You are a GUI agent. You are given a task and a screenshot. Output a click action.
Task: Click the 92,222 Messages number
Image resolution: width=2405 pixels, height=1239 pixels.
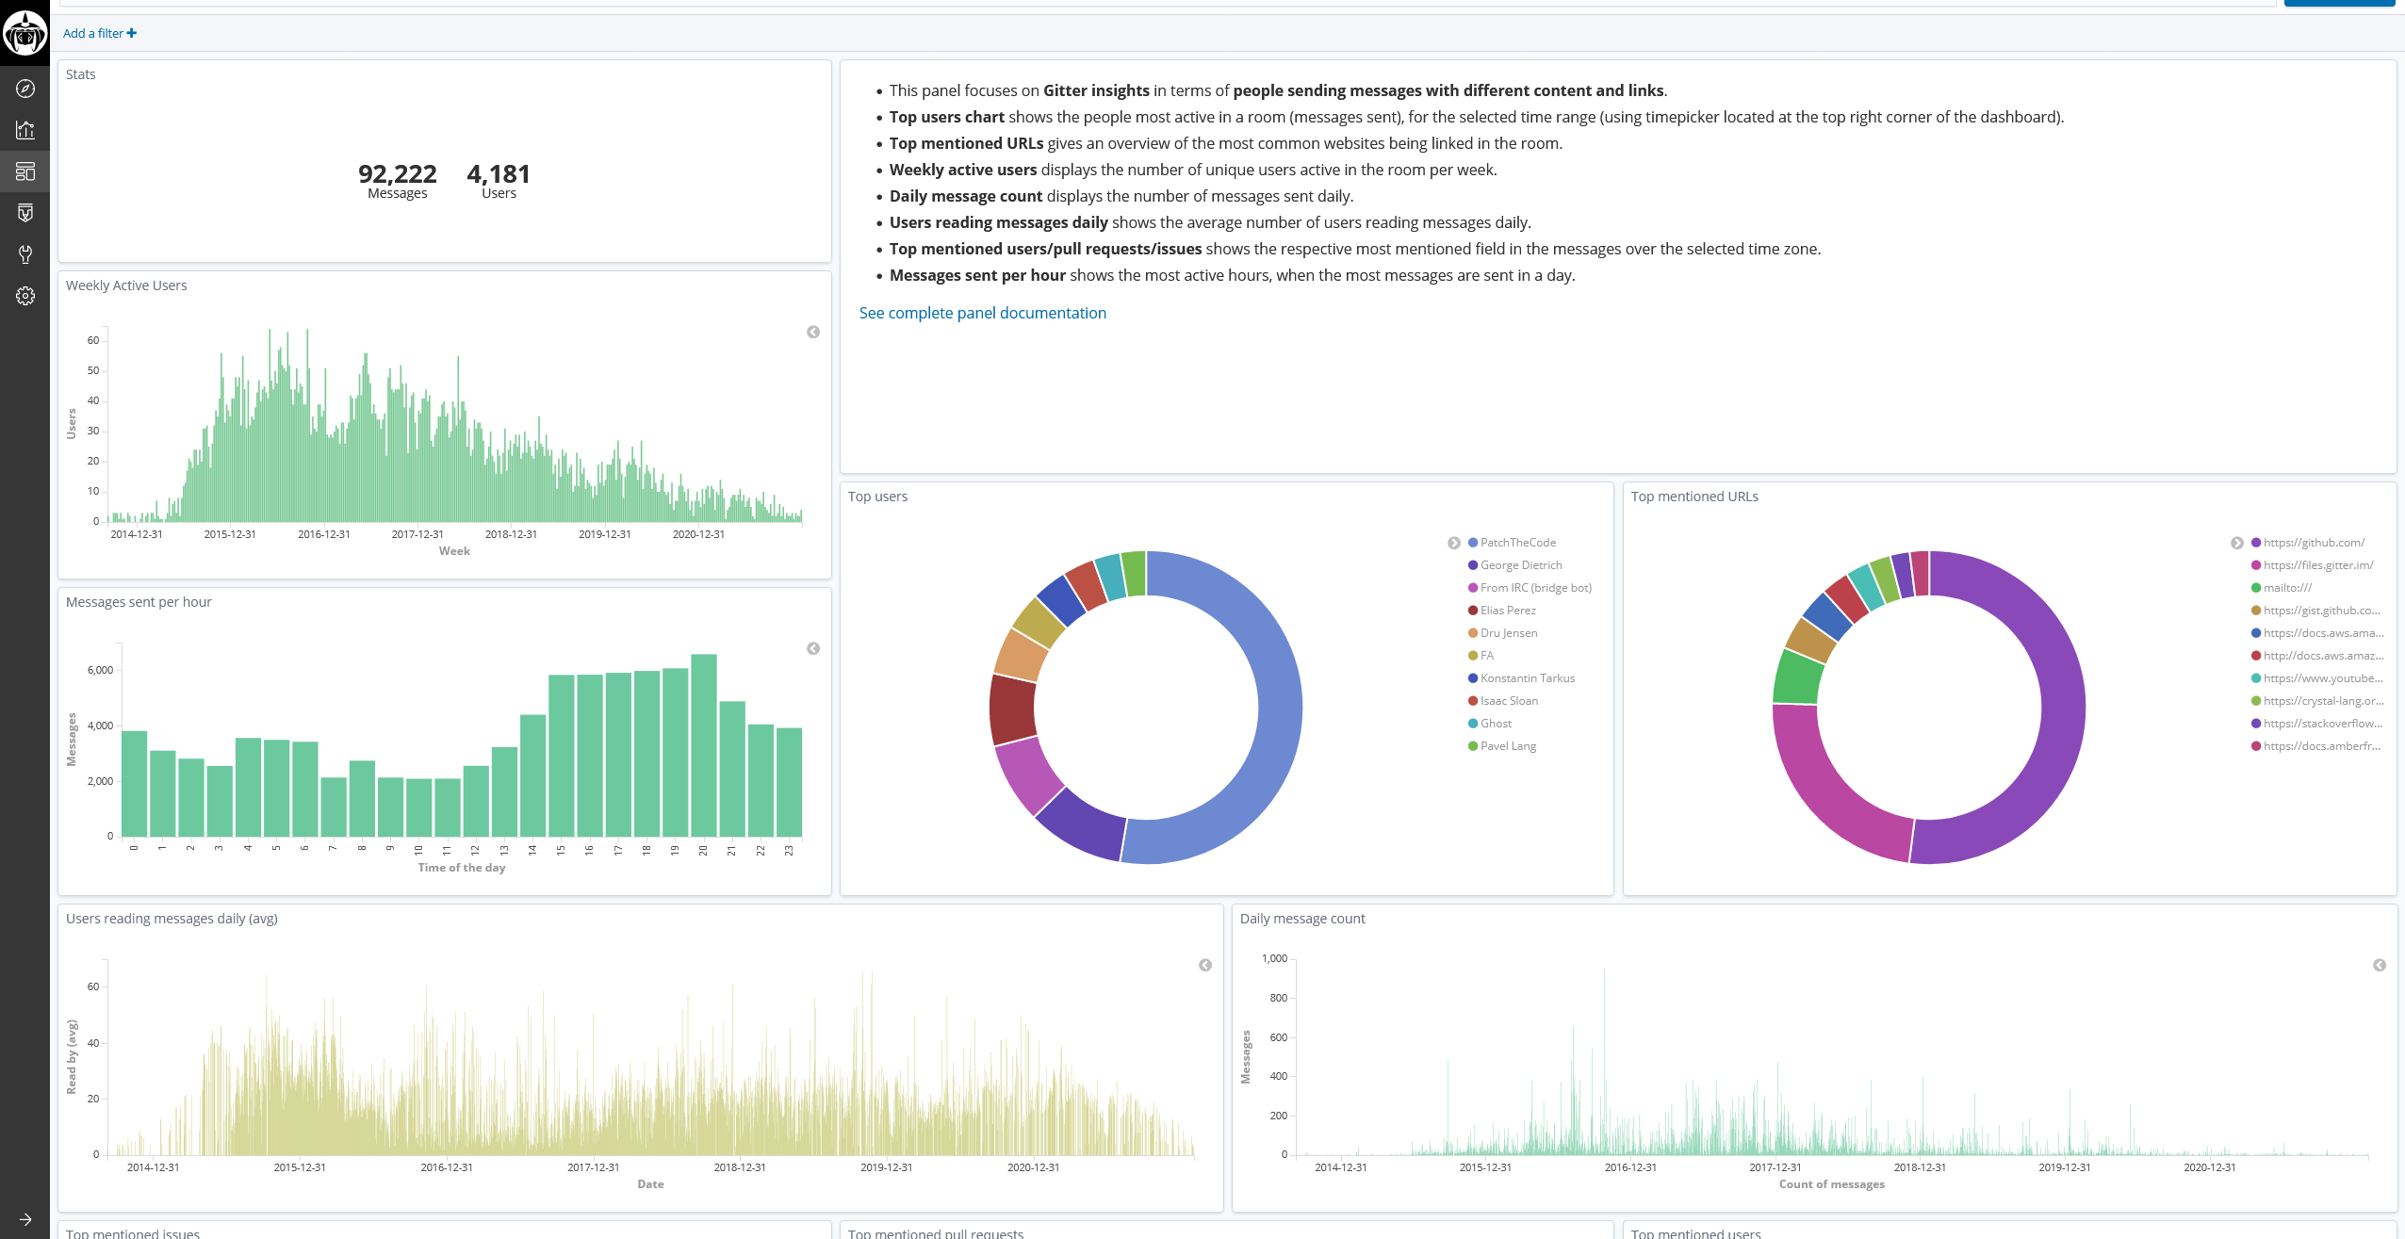397,174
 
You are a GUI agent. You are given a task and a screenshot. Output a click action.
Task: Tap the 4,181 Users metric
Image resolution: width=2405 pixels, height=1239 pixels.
499,174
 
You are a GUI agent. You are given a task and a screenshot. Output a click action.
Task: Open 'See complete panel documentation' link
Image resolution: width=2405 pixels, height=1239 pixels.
982,313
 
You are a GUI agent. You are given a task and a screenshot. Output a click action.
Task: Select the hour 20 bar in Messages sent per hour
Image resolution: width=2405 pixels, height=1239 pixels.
703,744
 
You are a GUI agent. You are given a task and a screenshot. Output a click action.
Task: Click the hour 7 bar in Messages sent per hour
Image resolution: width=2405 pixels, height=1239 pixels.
333,807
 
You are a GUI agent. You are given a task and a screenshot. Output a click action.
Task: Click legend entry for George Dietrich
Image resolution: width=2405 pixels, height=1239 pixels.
1520,565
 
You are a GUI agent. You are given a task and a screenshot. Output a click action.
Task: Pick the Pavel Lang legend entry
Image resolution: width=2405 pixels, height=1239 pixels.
1507,746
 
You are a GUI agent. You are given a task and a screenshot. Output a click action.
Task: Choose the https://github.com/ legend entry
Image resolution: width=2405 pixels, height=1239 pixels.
2313,543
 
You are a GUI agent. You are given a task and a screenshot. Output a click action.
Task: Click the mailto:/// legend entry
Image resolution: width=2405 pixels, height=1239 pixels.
2287,588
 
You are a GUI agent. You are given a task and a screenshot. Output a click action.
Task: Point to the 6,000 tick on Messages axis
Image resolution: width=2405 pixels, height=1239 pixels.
100,670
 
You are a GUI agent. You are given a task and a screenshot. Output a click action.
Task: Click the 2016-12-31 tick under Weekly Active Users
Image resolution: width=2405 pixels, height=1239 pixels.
323,534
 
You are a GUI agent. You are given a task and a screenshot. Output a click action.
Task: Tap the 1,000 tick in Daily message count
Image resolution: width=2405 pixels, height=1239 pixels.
1274,958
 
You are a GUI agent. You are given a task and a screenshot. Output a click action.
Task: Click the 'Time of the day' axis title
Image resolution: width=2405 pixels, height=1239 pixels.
462,868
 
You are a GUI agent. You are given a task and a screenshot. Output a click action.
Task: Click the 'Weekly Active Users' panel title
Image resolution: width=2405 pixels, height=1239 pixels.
126,285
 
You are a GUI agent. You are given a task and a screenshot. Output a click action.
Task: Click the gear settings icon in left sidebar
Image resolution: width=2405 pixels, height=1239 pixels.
25,296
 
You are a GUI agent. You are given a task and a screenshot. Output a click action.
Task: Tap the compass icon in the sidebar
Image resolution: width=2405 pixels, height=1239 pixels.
25,89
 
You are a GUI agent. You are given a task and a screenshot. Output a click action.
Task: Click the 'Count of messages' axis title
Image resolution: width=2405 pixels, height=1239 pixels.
1831,1184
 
